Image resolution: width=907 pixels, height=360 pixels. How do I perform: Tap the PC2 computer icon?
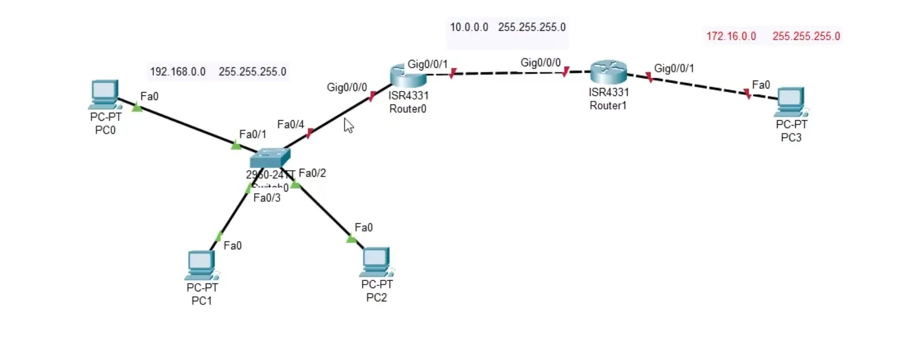click(x=376, y=262)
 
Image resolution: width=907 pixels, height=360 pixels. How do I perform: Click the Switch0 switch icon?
click(x=270, y=159)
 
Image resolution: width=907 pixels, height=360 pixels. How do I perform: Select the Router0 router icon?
click(x=408, y=75)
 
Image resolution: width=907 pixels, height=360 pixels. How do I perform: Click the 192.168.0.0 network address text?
click(x=177, y=72)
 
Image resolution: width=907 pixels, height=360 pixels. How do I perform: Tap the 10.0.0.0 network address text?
click(x=469, y=27)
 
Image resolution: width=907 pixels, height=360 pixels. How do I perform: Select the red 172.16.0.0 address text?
click(x=731, y=36)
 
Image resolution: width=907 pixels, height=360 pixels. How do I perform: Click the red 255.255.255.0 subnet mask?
click(x=806, y=36)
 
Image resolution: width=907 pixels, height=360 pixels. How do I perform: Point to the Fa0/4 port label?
click(x=291, y=124)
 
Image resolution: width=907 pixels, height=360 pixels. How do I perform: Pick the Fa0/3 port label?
click(x=266, y=198)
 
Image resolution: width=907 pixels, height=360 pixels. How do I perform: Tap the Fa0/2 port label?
click(x=312, y=173)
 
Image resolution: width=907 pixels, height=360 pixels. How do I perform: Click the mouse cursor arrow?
click(x=348, y=126)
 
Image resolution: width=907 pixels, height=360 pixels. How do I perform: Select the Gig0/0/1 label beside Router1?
click(x=674, y=68)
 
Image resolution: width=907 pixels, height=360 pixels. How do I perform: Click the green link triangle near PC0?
click(x=137, y=108)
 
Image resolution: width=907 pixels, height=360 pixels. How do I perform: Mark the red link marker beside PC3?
click(x=747, y=94)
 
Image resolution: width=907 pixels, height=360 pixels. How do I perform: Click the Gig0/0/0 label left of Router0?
click(x=347, y=87)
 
